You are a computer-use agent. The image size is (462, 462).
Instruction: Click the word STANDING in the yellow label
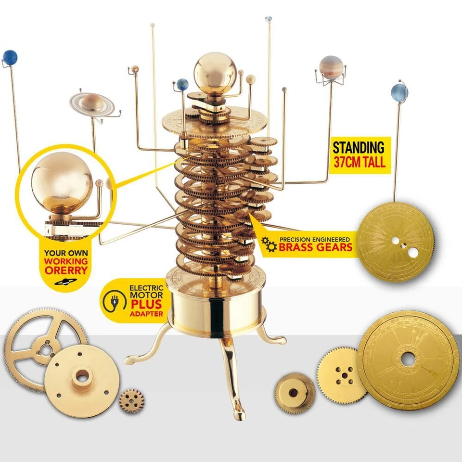pos(359,147)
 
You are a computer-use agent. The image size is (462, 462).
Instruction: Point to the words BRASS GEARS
pos(316,247)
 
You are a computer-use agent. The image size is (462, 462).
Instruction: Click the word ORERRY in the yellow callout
pos(66,270)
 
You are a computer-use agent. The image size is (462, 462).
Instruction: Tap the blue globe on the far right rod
pos(399,92)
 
